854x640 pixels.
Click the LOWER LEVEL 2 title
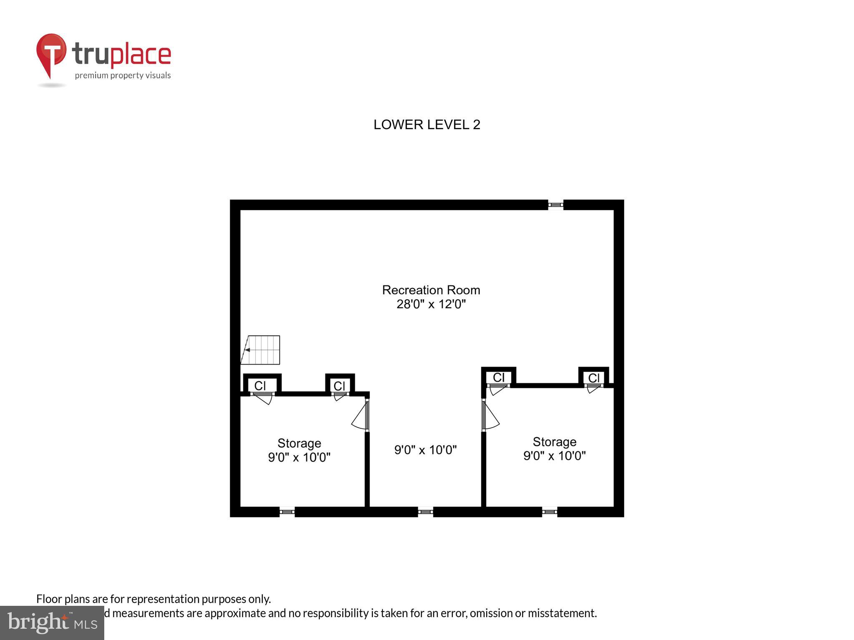tap(427, 125)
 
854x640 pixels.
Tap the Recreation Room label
tap(431, 290)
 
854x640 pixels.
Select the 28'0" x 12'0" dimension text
tap(431, 304)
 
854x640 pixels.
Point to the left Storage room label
tap(299, 443)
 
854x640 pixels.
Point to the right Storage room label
tap(554, 442)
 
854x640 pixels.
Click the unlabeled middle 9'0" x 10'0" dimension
tap(425, 450)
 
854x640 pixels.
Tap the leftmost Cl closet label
tap(260, 386)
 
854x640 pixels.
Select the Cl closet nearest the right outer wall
tap(594, 378)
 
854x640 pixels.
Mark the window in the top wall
tap(555, 205)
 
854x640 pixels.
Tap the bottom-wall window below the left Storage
tap(287, 512)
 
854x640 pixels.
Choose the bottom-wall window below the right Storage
tap(549, 512)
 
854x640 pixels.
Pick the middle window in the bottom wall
tap(425, 512)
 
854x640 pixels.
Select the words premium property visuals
tap(123, 75)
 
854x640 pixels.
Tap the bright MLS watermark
tap(52, 622)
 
